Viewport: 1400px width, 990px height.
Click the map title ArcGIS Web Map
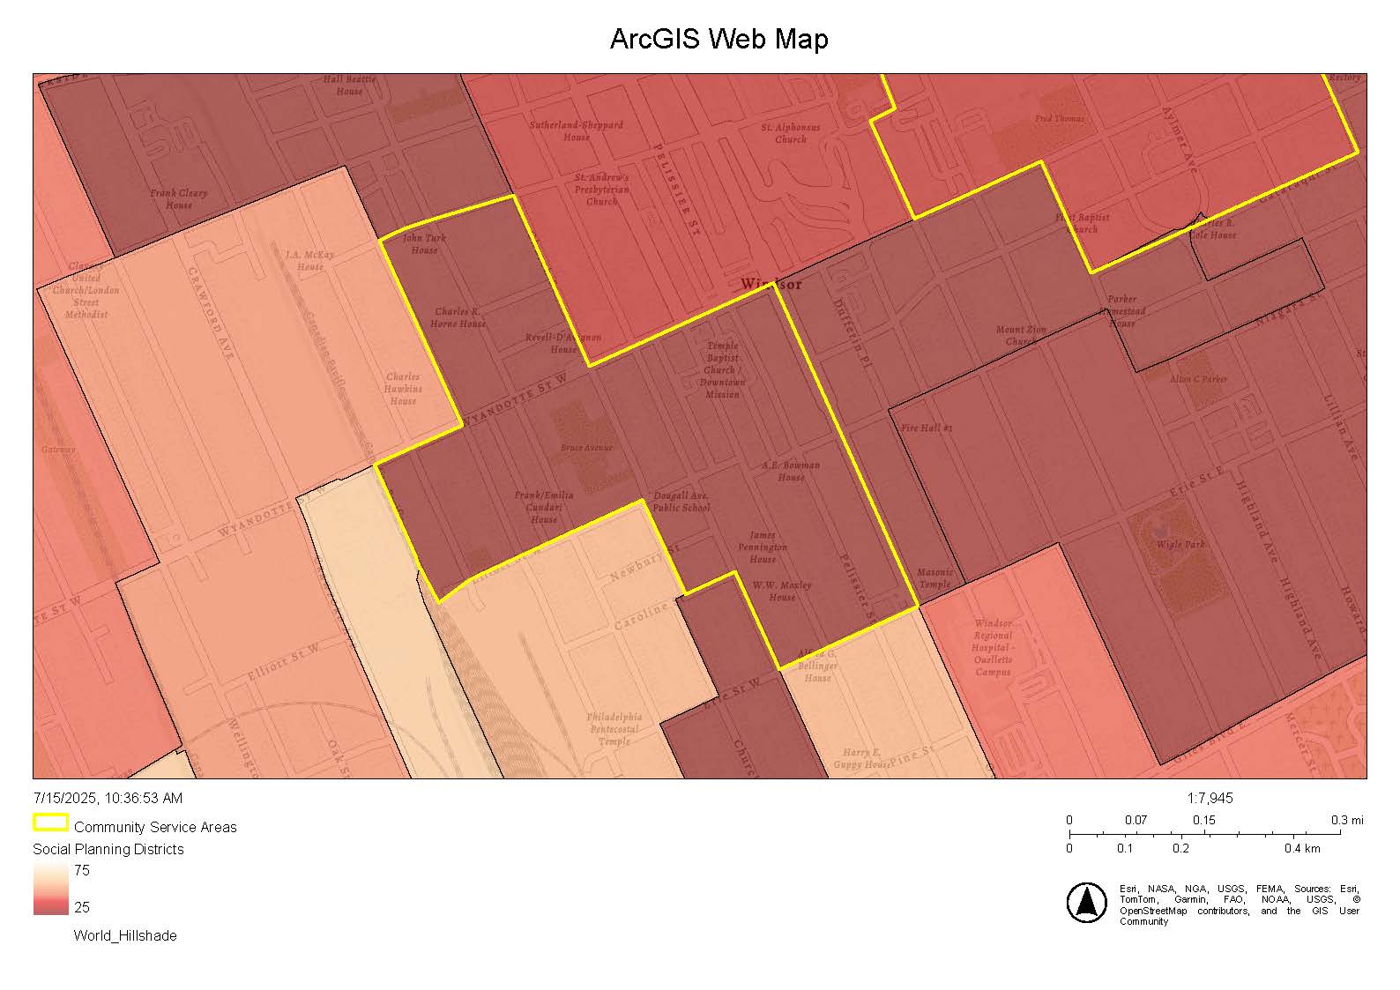[719, 40]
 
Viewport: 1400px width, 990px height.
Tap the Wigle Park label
[1180, 544]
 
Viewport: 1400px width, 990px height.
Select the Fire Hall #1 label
[927, 428]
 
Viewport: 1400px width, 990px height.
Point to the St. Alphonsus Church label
[791, 133]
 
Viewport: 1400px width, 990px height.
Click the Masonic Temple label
[935, 578]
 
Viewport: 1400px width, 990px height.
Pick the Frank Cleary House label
[178, 198]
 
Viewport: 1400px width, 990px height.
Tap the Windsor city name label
[771, 284]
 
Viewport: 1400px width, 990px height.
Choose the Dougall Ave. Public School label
[681, 502]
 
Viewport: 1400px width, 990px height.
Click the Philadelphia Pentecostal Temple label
[614, 729]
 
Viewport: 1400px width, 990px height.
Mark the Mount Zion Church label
[1021, 335]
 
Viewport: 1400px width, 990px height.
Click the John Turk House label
[424, 243]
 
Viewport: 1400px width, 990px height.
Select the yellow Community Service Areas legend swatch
[50, 823]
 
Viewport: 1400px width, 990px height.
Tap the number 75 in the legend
[82, 870]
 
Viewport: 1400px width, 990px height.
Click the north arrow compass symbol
[1087, 902]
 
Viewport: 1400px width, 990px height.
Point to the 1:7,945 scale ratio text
[1210, 798]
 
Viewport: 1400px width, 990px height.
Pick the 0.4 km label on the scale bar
[1301, 848]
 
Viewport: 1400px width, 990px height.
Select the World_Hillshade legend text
[125, 935]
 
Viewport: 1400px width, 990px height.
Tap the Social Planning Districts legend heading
[108, 849]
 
